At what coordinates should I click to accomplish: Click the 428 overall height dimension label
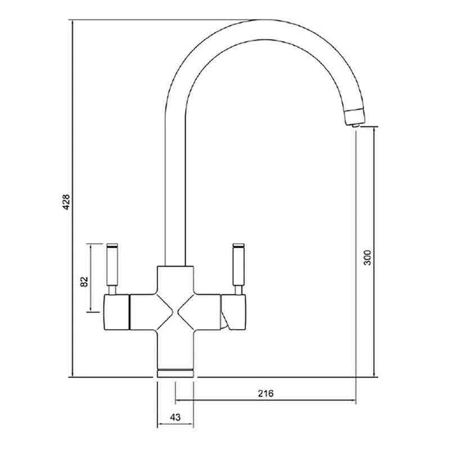(x=66, y=202)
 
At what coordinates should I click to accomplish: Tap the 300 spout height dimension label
(x=367, y=258)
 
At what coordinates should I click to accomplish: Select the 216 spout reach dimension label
(x=265, y=393)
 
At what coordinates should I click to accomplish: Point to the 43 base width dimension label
(x=175, y=417)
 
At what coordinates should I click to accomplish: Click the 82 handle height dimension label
(x=84, y=282)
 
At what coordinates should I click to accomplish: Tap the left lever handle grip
(x=112, y=266)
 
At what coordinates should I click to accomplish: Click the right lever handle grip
(x=238, y=266)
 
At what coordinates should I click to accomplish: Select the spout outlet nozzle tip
(x=355, y=125)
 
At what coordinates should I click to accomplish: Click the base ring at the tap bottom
(x=175, y=372)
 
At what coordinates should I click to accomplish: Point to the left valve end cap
(x=116, y=312)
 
